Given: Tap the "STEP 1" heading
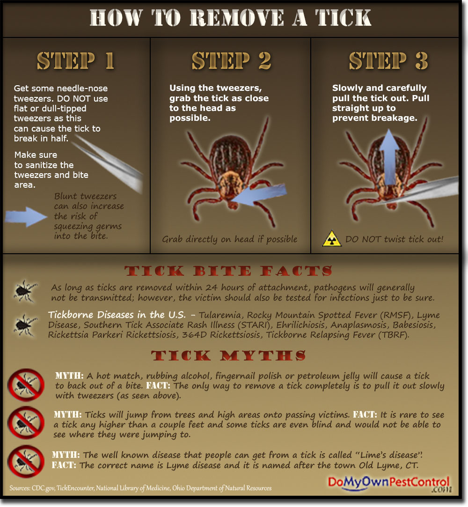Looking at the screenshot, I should (x=76, y=61).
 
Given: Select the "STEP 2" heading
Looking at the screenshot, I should (x=231, y=61).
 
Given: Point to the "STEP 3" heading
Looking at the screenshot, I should (x=388, y=61).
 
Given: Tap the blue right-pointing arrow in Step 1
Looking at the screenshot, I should (x=27, y=217).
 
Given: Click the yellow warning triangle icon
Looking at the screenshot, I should (x=332, y=239).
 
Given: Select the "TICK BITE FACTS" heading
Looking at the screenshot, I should (x=228, y=271).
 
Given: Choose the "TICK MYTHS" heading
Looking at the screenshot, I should (x=228, y=356).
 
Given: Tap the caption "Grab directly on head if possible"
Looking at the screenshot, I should (x=230, y=239).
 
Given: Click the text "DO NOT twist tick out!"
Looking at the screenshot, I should (x=394, y=239).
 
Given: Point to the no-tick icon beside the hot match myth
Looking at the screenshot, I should (x=26, y=385).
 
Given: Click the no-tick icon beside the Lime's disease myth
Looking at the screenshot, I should (x=26, y=461).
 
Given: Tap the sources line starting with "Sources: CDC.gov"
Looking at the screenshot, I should (x=140, y=488).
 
